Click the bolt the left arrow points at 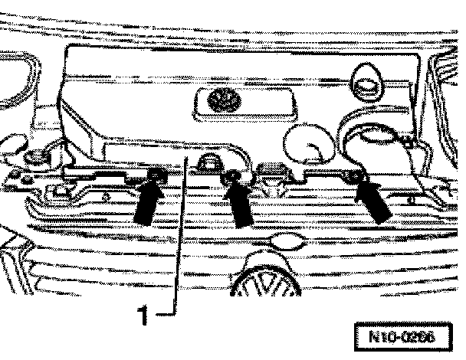tap(155, 177)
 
